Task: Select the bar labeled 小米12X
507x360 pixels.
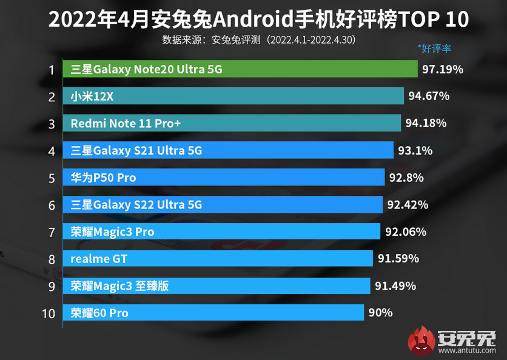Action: [x=233, y=96]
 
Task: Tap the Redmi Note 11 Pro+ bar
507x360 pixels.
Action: [x=232, y=123]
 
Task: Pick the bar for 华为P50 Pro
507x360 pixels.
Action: [x=224, y=178]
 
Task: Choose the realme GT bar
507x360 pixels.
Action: [x=218, y=259]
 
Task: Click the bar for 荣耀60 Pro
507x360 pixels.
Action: [x=213, y=313]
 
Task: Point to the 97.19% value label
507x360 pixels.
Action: [x=443, y=69]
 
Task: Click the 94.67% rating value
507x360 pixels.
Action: [x=429, y=96]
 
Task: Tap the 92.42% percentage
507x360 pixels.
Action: [x=408, y=205]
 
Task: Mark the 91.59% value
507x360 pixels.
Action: [x=398, y=259]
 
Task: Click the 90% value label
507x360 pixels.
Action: [x=381, y=313]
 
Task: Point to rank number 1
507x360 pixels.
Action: [x=52, y=70]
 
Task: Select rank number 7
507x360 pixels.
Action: [x=52, y=232]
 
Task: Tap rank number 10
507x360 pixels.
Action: [x=49, y=313]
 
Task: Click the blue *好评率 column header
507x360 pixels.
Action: [x=434, y=48]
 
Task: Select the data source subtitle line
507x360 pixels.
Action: [x=258, y=40]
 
